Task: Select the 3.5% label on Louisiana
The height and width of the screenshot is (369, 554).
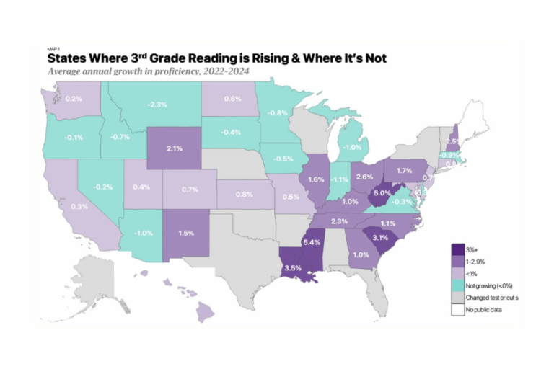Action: coord(292,267)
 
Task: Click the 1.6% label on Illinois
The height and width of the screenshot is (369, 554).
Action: coord(315,179)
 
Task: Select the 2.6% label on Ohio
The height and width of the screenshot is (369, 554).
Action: coord(364,177)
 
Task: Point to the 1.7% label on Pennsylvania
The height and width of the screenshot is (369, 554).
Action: coord(404,171)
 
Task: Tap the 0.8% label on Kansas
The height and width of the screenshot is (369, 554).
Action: coord(245,195)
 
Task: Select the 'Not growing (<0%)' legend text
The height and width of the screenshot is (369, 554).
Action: coord(488,285)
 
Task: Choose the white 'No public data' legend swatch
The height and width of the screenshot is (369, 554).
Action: coord(457,310)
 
